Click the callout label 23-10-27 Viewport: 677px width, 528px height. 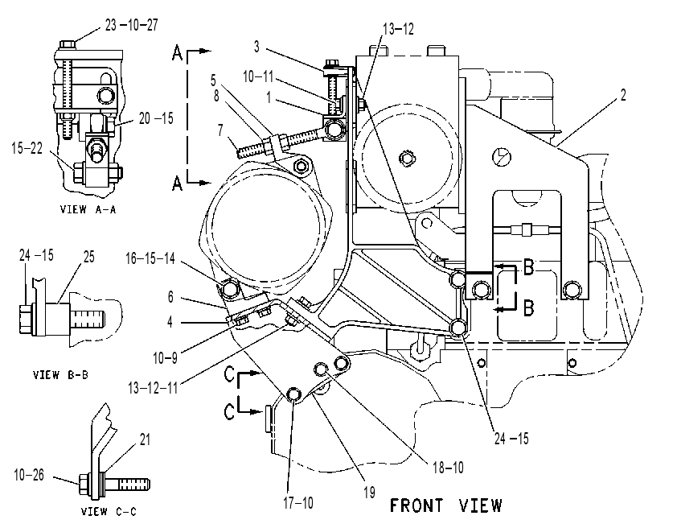(x=132, y=25)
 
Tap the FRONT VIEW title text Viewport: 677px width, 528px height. (x=446, y=505)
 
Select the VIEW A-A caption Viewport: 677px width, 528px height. (x=88, y=209)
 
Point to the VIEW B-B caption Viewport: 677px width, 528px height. (x=61, y=374)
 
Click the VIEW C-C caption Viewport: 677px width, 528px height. (x=109, y=512)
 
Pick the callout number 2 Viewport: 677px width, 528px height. (x=622, y=95)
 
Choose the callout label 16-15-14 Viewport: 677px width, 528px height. (x=150, y=258)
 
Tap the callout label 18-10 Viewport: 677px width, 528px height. (x=448, y=467)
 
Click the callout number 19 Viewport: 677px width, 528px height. (x=369, y=493)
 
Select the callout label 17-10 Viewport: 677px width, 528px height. (x=298, y=502)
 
